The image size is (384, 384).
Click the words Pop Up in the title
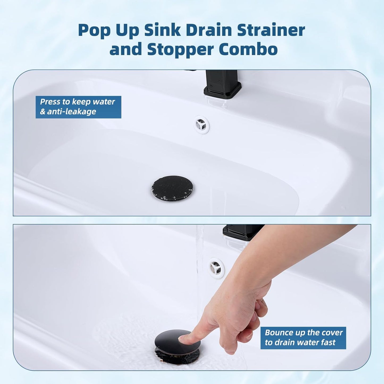coord(108,30)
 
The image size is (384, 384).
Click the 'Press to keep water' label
coord(78,102)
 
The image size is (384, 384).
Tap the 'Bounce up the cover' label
coord(303,333)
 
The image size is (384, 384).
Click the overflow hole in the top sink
coord(201,124)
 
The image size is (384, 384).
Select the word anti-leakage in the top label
coord(71,112)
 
